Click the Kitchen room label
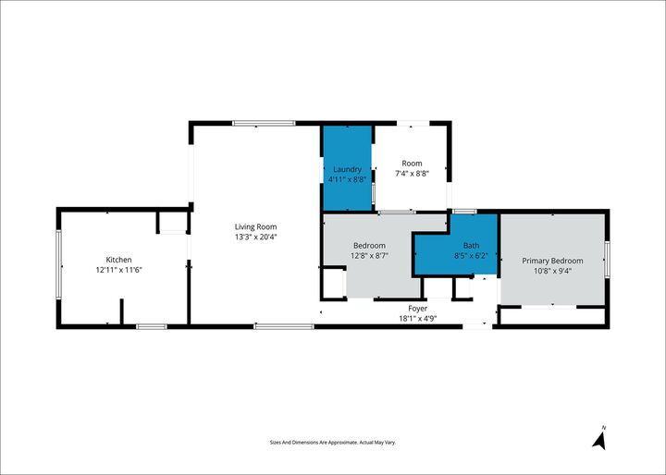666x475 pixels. coord(118,260)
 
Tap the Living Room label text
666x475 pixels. coord(255,226)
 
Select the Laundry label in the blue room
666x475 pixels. coord(347,169)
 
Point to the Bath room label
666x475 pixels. coord(472,245)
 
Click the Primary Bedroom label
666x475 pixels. coord(552,261)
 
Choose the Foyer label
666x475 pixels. coord(418,308)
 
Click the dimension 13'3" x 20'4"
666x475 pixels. coord(255,237)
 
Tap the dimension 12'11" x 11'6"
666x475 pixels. coord(118,270)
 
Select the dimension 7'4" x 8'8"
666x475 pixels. coord(412,174)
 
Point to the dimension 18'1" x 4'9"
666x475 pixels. coord(418,318)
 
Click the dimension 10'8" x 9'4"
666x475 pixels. coord(552,271)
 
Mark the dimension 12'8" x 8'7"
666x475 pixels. coord(368,255)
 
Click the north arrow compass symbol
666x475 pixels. coord(599,439)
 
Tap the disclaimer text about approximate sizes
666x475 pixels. coord(332,443)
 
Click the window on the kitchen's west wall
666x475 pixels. coord(58,263)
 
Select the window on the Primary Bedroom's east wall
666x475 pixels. coord(608,259)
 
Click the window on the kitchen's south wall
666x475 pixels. coord(151,325)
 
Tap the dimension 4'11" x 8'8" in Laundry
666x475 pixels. coord(347,179)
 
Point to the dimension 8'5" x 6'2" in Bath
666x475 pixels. coord(472,255)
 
